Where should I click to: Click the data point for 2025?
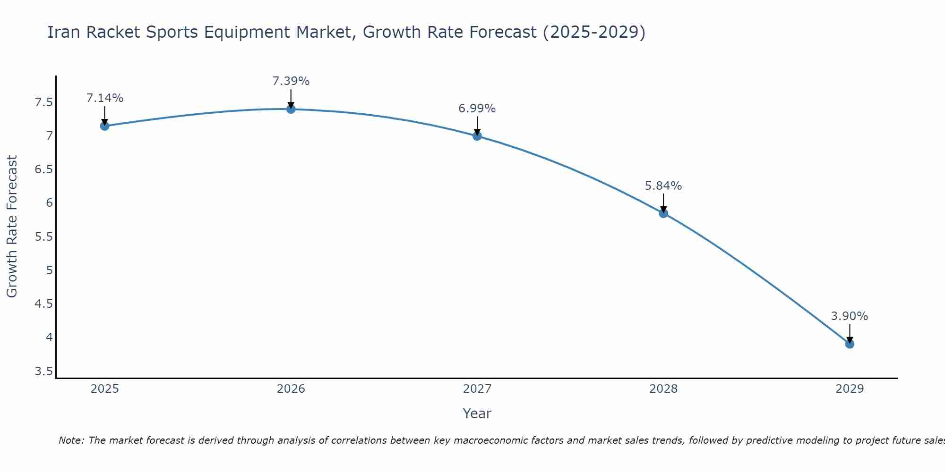click(x=105, y=126)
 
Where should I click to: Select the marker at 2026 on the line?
click(x=291, y=109)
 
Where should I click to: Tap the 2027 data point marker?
click(x=477, y=136)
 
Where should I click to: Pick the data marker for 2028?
click(x=663, y=213)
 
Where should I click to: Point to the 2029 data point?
click(x=850, y=344)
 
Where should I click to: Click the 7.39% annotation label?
click(x=291, y=81)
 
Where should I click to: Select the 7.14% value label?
click(x=105, y=98)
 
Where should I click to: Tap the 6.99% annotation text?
click(x=477, y=109)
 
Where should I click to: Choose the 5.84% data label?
click(x=663, y=186)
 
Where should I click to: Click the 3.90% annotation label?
click(x=850, y=316)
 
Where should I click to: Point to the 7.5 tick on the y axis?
click(x=44, y=102)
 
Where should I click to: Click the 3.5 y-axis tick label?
click(x=44, y=371)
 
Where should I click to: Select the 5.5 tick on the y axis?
click(x=44, y=237)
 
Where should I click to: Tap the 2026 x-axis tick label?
click(x=291, y=389)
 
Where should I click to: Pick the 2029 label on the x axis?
click(x=850, y=389)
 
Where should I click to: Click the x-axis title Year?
click(x=477, y=413)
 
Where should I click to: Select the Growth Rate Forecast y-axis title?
click(x=12, y=227)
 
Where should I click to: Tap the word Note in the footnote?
click(x=70, y=440)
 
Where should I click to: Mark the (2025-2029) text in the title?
click(x=594, y=32)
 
